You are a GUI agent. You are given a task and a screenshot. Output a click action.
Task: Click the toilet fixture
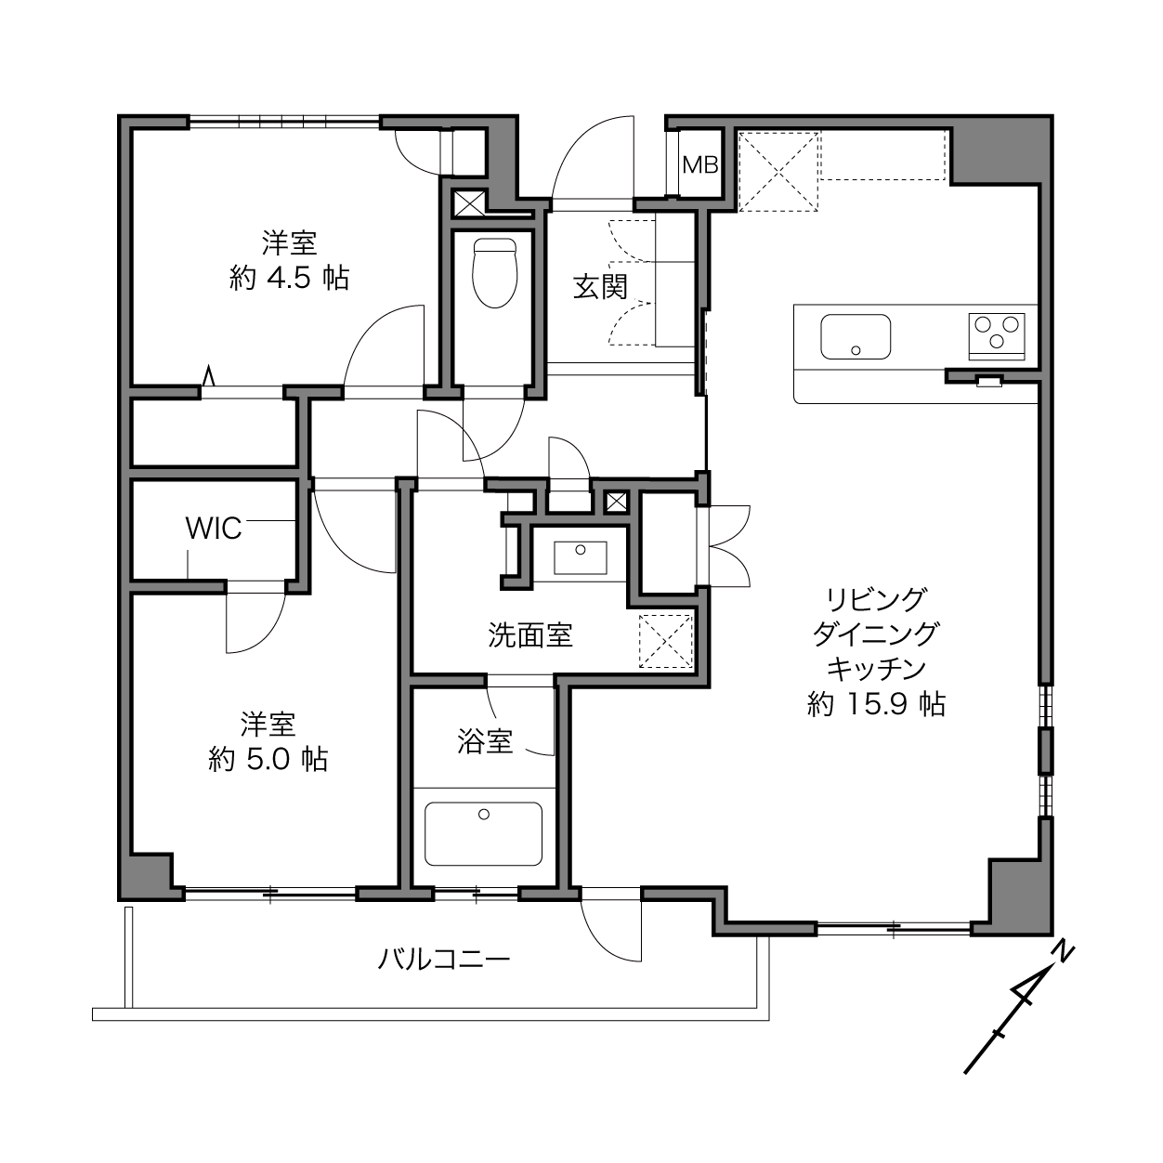point(495,272)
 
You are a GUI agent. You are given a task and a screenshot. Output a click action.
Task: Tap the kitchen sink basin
point(856,336)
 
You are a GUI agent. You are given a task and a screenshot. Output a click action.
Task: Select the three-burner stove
point(997,336)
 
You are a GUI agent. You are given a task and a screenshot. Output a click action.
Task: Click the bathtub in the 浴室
point(483,834)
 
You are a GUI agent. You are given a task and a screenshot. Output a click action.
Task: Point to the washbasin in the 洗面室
point(581,557)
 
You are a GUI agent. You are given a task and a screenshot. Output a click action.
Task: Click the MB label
point(700,164)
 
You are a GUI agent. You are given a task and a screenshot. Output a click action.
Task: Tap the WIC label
point(214,529)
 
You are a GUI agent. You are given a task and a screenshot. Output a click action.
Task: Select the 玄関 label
point(600,287)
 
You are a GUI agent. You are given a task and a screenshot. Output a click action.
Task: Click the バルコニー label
point(444,959)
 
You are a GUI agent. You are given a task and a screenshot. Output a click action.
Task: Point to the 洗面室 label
point(529,634)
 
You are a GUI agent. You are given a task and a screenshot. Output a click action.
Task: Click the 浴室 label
point(485,741)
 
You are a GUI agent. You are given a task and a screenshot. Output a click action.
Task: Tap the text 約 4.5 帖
point(290,279)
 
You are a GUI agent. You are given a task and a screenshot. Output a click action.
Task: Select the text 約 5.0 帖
point(268,759)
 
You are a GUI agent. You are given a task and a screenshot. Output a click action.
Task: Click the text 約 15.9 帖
point(876,704)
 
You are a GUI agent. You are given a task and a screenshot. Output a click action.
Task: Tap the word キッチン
point(876,669)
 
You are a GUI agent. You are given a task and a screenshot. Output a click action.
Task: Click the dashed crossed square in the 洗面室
point(666,641)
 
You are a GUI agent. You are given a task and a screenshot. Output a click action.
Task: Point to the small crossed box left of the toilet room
point(469,203)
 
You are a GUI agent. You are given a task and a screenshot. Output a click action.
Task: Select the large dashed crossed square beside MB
point(778,171)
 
